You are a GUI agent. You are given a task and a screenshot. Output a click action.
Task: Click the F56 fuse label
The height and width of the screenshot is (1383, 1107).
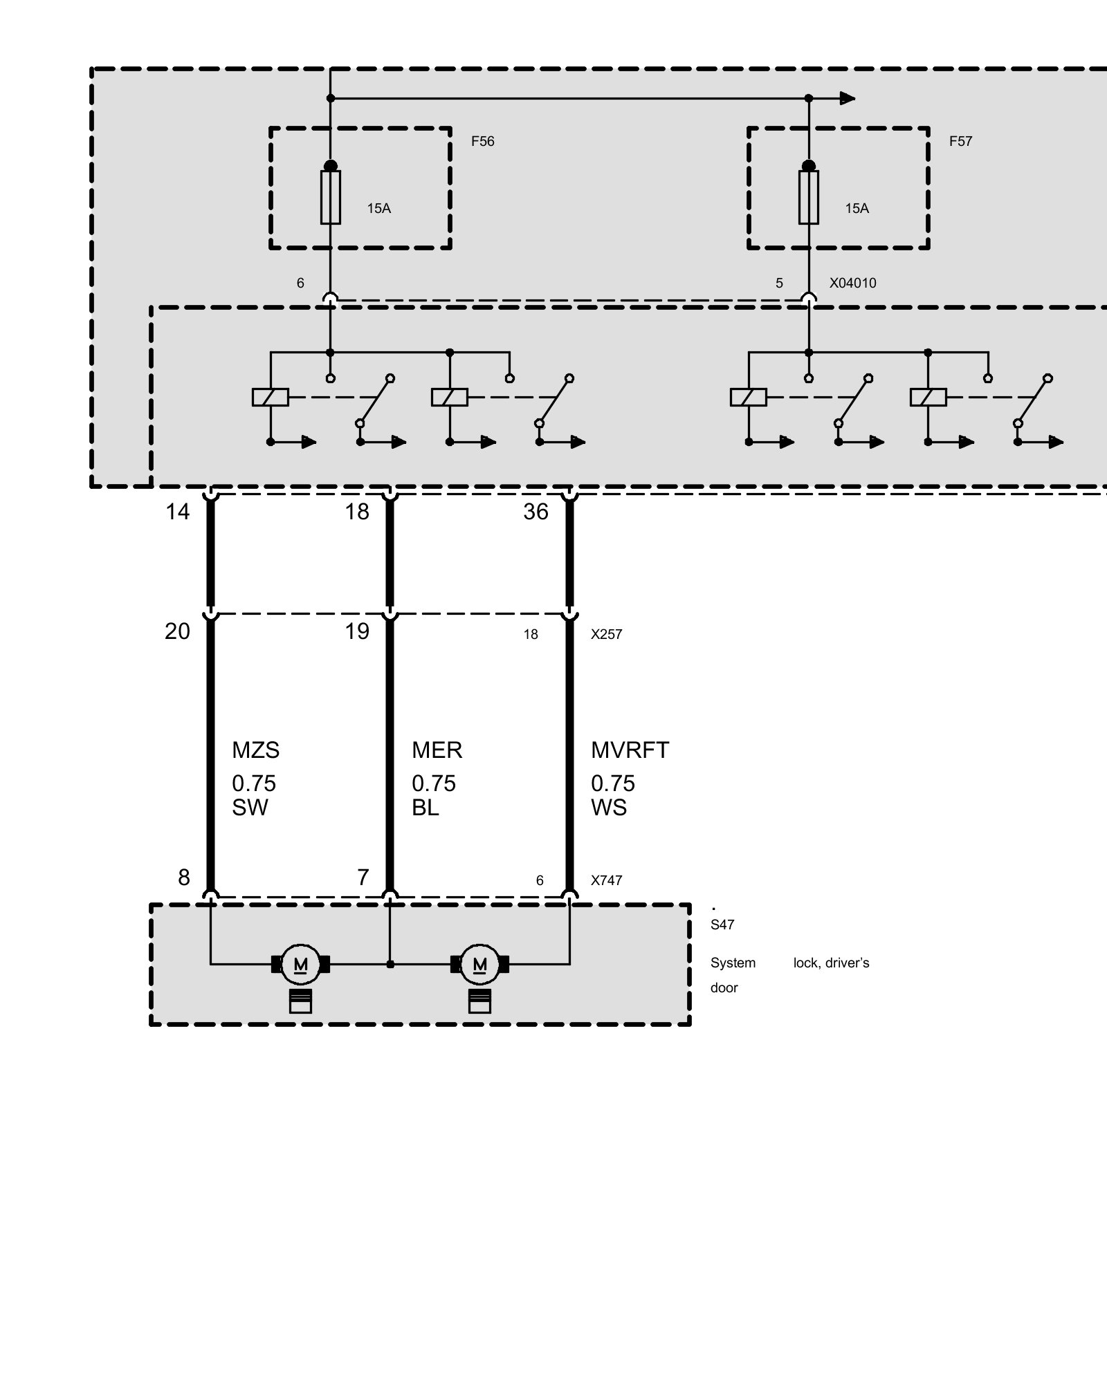click(x=482, y=141)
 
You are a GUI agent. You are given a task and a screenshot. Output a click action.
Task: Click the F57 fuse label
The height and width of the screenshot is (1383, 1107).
click(x=960, y=141)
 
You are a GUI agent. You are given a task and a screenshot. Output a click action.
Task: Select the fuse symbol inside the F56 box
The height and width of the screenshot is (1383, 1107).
click(x=331, y=197)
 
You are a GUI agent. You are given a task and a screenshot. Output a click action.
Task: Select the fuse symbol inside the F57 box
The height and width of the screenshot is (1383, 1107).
click(x=808, y=197)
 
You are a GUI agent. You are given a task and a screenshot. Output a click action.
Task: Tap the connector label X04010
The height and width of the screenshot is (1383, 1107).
click(x=852, y=283)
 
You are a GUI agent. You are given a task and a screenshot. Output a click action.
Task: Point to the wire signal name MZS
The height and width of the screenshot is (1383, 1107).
click(x=255, y=750)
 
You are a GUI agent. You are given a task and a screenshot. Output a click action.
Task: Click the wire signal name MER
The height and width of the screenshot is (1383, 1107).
click(x=437, y=750)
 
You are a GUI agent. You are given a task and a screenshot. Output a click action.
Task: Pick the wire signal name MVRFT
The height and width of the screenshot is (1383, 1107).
click(x=630, y=750)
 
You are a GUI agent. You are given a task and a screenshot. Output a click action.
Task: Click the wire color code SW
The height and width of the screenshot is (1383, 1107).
click(x=250, y=808)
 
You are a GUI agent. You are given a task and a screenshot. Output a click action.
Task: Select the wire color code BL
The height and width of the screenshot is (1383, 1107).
click(x=425, y=808)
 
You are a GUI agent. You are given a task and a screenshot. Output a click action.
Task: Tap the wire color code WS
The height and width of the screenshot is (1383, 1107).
click(x=608, y=808)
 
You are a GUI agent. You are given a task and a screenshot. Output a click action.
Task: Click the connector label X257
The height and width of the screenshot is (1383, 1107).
click(x=606, y=635)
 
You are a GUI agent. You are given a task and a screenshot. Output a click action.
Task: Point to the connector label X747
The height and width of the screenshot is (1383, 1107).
click(x=606, y=881)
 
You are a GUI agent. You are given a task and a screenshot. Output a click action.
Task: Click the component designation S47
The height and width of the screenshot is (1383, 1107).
click(x=722, y=925)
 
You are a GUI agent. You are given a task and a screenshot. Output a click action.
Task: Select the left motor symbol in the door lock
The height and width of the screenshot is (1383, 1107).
click(x=300, y=964)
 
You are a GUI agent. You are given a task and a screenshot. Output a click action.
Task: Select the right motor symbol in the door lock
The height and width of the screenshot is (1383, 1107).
click(x=479, y=964)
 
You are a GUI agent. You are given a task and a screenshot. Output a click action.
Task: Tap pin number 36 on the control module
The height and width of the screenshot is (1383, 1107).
click(x=536, y=512)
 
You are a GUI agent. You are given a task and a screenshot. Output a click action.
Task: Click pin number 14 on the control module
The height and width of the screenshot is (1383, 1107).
click(x=177, y=512)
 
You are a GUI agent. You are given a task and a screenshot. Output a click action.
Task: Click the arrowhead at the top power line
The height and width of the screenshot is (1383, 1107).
click(x=848, y=98)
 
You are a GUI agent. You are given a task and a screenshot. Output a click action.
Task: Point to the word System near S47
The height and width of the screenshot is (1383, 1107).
click(x=733, y=963)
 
